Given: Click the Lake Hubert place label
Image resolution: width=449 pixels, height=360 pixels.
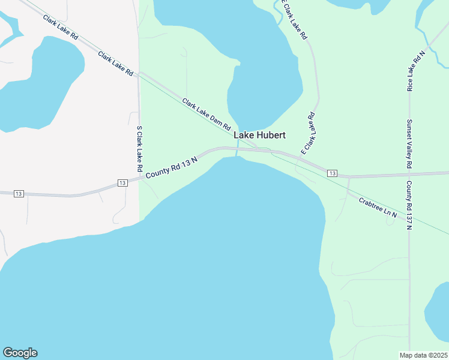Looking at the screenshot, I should click(259, 136).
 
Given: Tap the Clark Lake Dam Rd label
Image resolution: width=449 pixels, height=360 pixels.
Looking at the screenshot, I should click(206, 115).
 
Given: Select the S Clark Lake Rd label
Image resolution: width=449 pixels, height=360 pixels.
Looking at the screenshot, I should click(139, 148).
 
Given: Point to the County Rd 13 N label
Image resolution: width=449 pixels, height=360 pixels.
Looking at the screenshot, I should click(172, 166).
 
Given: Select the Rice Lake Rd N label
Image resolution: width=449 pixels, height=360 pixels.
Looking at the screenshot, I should click(415, 70).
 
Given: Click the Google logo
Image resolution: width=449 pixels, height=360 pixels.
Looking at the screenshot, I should click(20, 353).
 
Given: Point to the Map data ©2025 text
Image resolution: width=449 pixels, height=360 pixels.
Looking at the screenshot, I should click(423, 355).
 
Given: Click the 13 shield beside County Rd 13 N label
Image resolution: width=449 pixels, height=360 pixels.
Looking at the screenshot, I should click(122, 182).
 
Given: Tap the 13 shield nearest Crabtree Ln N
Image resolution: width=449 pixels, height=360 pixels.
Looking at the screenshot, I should click(332, 173).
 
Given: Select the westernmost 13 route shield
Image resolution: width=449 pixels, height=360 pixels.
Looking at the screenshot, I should click(19, 193).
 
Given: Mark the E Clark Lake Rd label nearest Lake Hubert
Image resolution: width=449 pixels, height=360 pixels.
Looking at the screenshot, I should click(309, 133).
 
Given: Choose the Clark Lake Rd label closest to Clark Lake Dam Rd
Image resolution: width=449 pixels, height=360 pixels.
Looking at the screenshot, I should click(115, 64).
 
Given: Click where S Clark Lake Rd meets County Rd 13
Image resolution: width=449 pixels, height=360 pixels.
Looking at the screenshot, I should click(139, 178).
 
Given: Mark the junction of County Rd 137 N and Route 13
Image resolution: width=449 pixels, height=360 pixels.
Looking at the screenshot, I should click(409, 176).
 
